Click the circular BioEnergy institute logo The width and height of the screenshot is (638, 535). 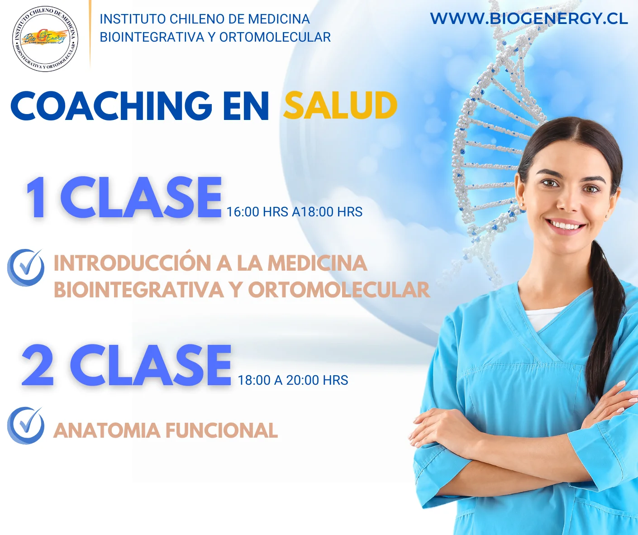click(45, 39)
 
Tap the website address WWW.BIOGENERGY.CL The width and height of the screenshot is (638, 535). click(528, 19)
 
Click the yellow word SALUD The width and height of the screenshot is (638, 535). click(340, 106)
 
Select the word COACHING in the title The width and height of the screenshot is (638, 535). click(111, 106)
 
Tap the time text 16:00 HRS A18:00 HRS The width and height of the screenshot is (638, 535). click(294, 212)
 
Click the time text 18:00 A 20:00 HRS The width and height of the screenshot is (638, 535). click(293, 380)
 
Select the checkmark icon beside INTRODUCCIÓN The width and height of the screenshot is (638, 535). click(26, 267)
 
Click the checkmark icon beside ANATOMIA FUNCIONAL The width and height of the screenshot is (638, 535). click(26, 425)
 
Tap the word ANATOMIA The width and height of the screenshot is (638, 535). click(107, 430)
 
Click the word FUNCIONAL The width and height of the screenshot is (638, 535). click(222, 430)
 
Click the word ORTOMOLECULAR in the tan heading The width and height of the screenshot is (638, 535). click(339, 290)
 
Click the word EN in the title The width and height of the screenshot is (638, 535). click(246, 106)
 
